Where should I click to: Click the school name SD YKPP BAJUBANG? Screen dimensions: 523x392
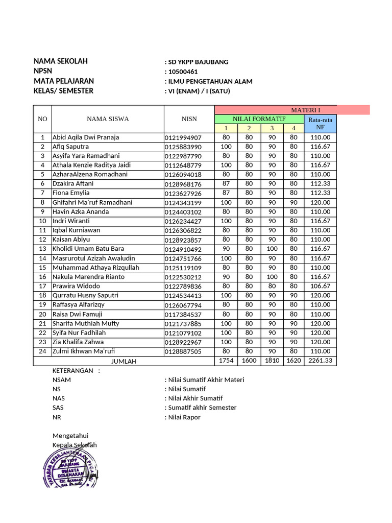(x=198, y=62)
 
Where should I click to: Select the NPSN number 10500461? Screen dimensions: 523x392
(x=183, y=72)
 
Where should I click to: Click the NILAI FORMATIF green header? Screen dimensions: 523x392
(x=259, y=118)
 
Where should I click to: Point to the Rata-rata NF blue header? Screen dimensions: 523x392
(x=320, y=124)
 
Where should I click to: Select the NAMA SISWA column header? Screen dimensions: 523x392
(x=108, y=119)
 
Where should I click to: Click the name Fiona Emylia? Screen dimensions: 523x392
(x=71, y=193)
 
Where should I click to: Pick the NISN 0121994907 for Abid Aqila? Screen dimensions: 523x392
(x=183, y=138)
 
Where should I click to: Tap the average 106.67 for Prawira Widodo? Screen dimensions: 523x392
(x=320, y=287)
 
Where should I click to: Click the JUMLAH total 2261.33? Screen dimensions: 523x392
(x=320, y=361)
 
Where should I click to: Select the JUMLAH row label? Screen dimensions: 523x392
(x=124, y=361)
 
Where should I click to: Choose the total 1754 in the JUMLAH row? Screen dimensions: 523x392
(x=226, y=361)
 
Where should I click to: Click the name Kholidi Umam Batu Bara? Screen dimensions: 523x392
(x=88, y=249)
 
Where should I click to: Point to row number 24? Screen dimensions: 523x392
(x=42, y=351)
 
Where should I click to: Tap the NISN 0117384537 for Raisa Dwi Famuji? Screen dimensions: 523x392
(x=183, y=315)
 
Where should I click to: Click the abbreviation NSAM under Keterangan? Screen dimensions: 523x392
(x=62, y=380)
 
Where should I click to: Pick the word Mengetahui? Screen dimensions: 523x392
(x=70, y=436)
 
